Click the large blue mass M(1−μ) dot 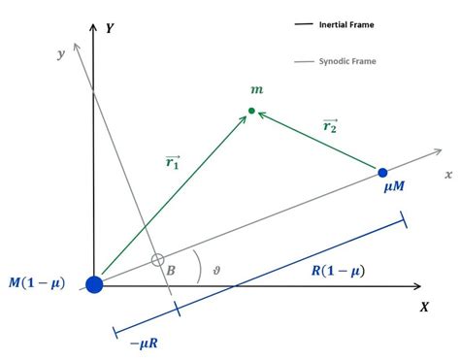pyautogui.click(x=94, y=284)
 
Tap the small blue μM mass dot pyautogui.click(x=382, y=173)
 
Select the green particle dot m pyautogui.click(x=251, y=112)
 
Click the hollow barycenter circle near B pyautogui.click(x=157, y=260)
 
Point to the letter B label pyautogui.click(x=171, y=270)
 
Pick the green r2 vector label pyautogui.click(x=331, y=124)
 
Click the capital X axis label pyautogui.click(x=424, y=307)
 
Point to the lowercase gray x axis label pyautogui.click(x=448, y=174)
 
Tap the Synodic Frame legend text pyautogui.click(x=347, y=61)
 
